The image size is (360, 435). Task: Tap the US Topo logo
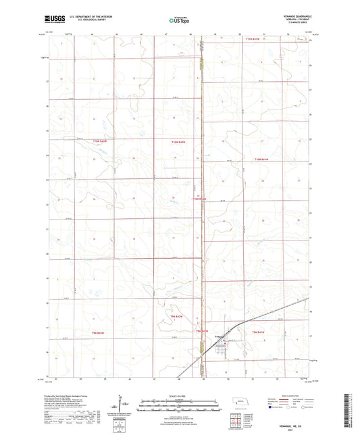coord(180,21)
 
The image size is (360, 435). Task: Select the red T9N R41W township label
coord(260,332)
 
